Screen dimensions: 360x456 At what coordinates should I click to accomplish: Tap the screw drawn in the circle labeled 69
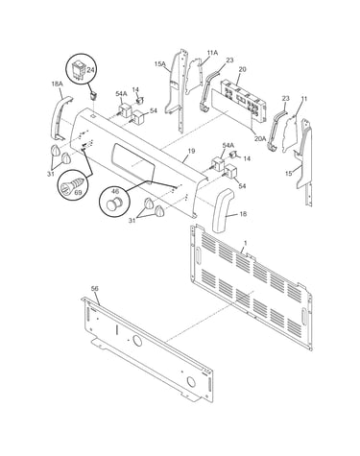73,185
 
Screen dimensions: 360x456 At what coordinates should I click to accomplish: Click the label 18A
57,84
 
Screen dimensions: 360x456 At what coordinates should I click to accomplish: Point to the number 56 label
95,289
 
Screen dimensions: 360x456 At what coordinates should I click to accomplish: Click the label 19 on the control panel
191,151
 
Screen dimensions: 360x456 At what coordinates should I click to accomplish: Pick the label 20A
260,138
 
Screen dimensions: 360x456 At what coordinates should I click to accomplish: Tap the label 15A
160,64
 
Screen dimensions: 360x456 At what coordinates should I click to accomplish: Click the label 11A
212,53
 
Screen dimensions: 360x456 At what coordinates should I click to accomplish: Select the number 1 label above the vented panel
245,243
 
